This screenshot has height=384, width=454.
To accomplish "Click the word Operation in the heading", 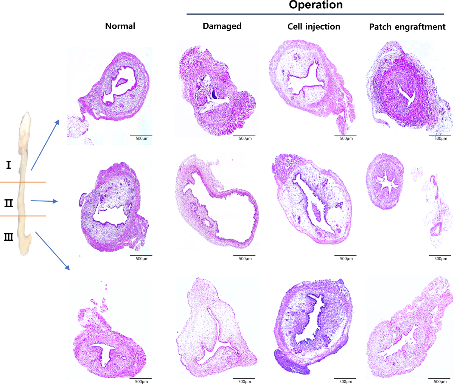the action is pyautogui.click(x=316, y=5).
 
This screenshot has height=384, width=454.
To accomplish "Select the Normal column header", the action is pyautogui.click(x=120, y=26).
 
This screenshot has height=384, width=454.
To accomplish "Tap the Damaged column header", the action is pyautogui.click(x=222, y=26).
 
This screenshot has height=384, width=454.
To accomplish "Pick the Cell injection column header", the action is pyautogui.click(x=314, y=26).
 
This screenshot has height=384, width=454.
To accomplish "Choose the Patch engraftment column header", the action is pyautogui.click(x=407, y=27).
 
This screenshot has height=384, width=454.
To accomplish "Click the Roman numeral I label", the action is pyautogui.click(x=8, y=165).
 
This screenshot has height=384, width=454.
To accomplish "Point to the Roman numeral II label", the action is pyautogui.click(x=8, y=204).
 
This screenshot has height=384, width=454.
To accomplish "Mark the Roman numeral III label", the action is pyautogui.click(x=8, y=237).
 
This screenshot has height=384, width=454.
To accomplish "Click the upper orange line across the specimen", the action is pyautogui.click(x=23, y=182).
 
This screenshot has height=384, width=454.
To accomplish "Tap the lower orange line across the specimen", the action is pyautogui.click(x=23, y=216).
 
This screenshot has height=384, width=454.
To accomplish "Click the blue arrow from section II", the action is pyautogui.click(x=44, y=201).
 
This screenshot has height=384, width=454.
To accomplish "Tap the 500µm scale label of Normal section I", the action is pyautogui.click(x=142, y=138).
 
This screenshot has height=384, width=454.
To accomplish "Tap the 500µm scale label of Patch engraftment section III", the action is pyautogui.click(x=440, y=381).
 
